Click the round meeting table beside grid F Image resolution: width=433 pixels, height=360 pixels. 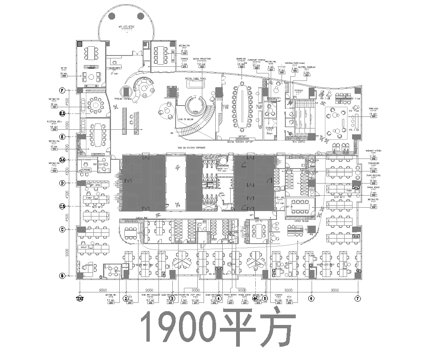[96, 103]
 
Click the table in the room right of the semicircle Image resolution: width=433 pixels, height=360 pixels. [160, 55]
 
